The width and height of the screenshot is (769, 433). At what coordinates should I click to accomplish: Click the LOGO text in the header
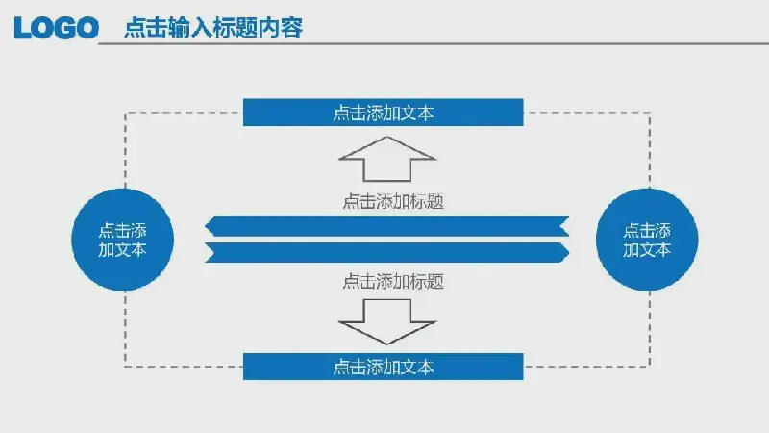[x=57, y=28]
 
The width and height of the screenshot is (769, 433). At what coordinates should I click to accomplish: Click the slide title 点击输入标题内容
[x=213, y=28]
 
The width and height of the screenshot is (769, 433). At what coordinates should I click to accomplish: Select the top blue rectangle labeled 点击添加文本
[x=383, y=113]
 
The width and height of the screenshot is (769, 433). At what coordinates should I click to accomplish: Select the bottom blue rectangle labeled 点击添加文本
[x=383, y=367]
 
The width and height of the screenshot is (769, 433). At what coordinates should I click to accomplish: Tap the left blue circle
[x=123, y=240]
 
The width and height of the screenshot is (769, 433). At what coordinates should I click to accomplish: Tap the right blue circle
[x=647, y=240]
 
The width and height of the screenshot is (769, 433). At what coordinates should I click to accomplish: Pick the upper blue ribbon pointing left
[x=387, y=226]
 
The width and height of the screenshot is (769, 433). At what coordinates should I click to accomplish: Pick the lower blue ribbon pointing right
[x=387, y=252]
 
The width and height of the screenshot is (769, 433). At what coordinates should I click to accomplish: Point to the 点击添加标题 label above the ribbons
[x=393, y=201]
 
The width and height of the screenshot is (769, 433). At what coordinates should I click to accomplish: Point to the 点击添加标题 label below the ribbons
[x=393, y=281]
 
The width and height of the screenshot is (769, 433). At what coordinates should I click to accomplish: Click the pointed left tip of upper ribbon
[x=205, y=226]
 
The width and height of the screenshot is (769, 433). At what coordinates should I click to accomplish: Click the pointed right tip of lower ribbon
[x=569, y=252]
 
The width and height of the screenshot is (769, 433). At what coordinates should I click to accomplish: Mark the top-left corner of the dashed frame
[x=126, y=113]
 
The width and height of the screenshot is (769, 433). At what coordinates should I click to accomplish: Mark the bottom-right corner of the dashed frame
[x=650, y=367]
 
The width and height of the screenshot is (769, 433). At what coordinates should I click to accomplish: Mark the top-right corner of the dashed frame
[x=650, y=113]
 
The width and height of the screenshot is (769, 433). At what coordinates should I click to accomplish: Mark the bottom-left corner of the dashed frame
[x=126, y=367]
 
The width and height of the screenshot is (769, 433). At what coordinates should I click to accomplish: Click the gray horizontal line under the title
[x=434, y=43]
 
